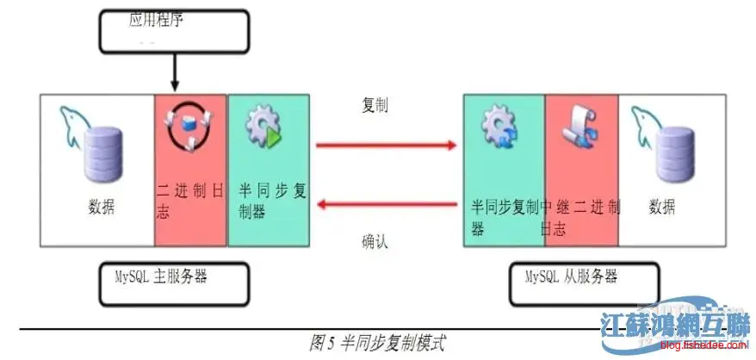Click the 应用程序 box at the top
(176, 32)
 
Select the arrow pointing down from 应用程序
(175, 74)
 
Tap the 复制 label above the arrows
(375, 105)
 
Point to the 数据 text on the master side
(101, 208)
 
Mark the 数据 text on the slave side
(663, 207)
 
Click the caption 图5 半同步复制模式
(378, 342)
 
